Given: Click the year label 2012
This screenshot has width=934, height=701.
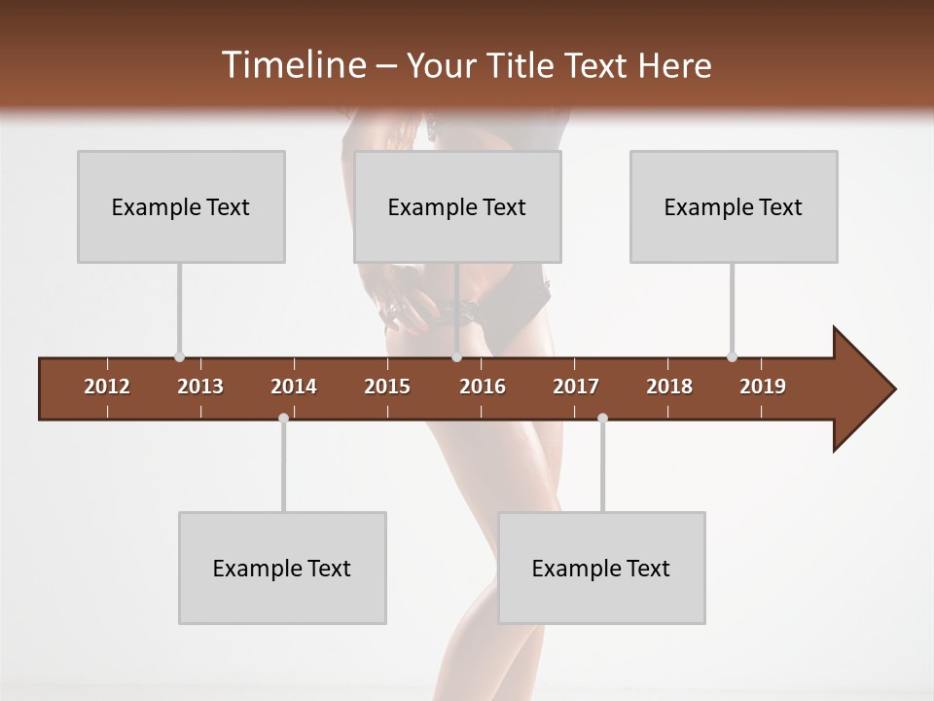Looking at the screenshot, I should pyautogui.click(x=107, y=387).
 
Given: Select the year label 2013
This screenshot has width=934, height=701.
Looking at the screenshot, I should pyautogui.click(x=200, y=387).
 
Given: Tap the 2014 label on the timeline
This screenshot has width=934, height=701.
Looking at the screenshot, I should pyautogui.click(x=294, y=387).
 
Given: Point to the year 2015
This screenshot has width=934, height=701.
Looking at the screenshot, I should pyautogui.click(x=387, y=387).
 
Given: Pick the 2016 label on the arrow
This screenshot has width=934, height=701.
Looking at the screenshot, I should pyautogui.click(x=483, y=387).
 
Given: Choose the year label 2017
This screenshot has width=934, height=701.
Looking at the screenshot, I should pyautogui.click(x=576, y=387).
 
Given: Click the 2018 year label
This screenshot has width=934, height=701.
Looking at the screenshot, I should pyautogui.click(x=669, y=387).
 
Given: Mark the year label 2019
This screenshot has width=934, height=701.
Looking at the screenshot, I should pyautogui.click(x=763, y=387).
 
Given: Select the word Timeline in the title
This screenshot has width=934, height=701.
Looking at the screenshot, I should pyautogui.click(x=292, y=65).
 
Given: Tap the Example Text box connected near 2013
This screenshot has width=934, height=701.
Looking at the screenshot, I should pyautogui.click(x=181, y=206).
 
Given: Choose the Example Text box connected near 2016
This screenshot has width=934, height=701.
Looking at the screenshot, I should pyautogui.click(x=457, y=206).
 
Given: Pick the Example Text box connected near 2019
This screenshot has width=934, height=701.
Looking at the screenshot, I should pyautogui.click(x=734, y=206).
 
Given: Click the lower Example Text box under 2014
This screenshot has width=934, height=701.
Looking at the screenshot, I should pyautogui.click(x=282, y=568).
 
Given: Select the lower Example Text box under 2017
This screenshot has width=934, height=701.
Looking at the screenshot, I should pyautogui.click(x=601, y=568).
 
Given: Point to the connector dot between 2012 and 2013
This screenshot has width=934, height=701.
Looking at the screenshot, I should pyautogui.click(x=179, y=357).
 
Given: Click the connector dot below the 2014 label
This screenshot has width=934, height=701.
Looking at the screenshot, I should pyautogui.click(x=283, y=418).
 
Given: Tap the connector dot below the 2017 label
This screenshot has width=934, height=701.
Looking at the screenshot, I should pyautogui.click(x=602, y=418).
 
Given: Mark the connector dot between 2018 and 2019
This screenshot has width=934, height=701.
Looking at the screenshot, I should pyautogui.click(x=732, y=357).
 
